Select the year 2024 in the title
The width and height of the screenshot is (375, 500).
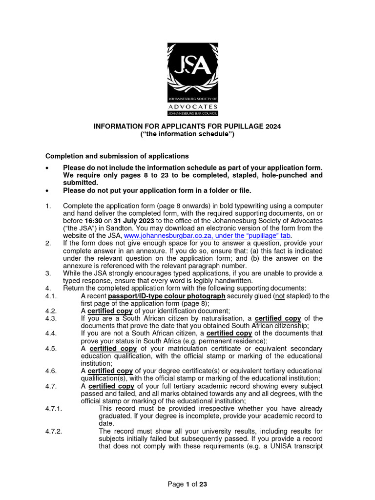273,126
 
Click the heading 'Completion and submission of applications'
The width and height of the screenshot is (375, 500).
117,156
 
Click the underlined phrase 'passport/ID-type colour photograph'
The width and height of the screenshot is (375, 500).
167,296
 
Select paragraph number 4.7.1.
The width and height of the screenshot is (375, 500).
55,409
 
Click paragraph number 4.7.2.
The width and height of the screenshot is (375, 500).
55,431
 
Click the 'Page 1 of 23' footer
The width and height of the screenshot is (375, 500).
187,484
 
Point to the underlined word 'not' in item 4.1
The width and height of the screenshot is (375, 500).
279,296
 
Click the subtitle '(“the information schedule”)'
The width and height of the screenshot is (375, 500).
187,134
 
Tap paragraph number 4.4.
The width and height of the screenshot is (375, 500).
51,333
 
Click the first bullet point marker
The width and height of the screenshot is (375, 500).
47,168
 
